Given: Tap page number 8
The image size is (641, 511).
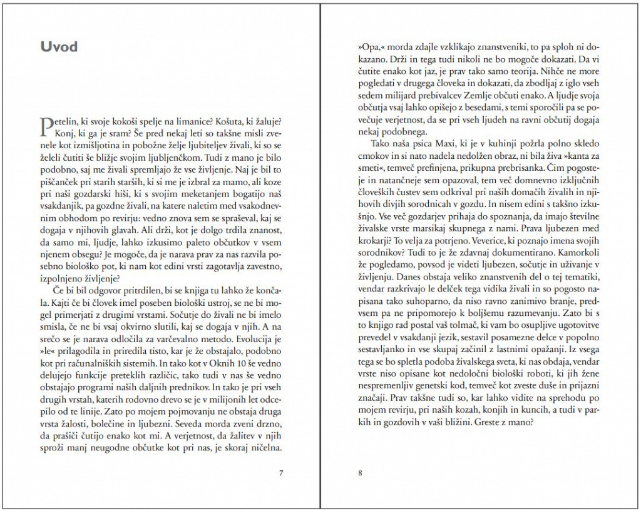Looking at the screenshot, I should click(x=361, y=472).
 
